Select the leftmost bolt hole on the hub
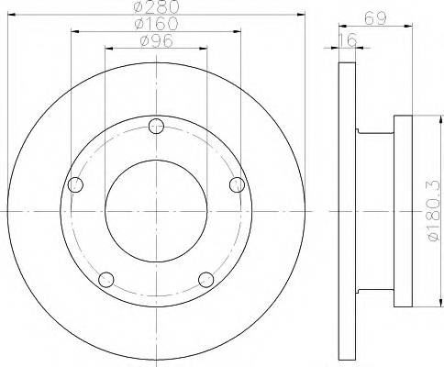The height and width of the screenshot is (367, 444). [76, 186]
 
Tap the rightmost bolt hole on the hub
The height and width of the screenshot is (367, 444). [237, 185]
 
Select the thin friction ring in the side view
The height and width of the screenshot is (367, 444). [347, 210]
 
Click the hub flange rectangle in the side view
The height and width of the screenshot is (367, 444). [406, 210]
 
